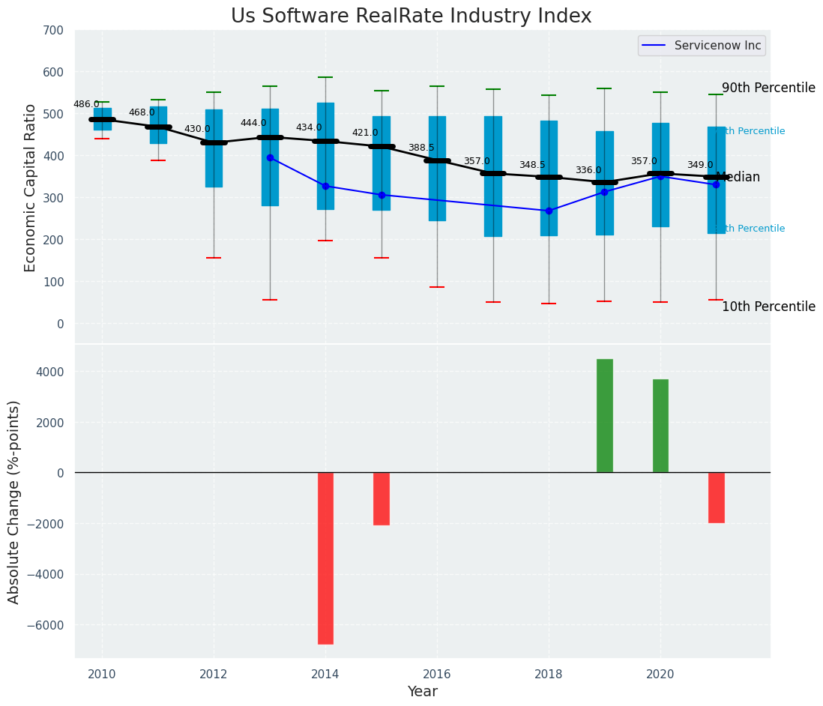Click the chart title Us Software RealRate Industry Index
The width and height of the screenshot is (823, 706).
coord(411,16)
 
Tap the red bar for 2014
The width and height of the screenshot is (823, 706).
coord(325,558)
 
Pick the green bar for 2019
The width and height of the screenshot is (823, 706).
coord(604,416)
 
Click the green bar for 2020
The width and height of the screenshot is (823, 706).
coord(660,426)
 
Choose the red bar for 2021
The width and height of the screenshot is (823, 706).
coord(716,498)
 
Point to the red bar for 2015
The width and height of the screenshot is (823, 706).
coord(382,498)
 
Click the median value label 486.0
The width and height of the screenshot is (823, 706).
coord(86,104)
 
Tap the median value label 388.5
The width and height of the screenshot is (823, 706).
coord(421,148)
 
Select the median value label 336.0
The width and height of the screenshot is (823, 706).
coord(588,170)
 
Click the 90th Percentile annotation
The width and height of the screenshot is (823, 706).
coord(768,88)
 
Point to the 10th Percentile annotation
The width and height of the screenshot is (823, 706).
coord(768,307)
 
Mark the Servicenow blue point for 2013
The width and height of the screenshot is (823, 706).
coord(270,157)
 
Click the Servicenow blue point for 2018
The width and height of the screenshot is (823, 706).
coord(549,211)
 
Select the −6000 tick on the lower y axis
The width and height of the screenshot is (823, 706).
coord(46,625)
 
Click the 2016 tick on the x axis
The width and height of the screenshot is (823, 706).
coord(437,674)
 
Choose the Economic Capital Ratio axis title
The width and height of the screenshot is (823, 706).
coord(30,187)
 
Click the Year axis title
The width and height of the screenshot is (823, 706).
coord(422,692)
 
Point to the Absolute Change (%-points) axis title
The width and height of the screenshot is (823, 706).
coord(14,501)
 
